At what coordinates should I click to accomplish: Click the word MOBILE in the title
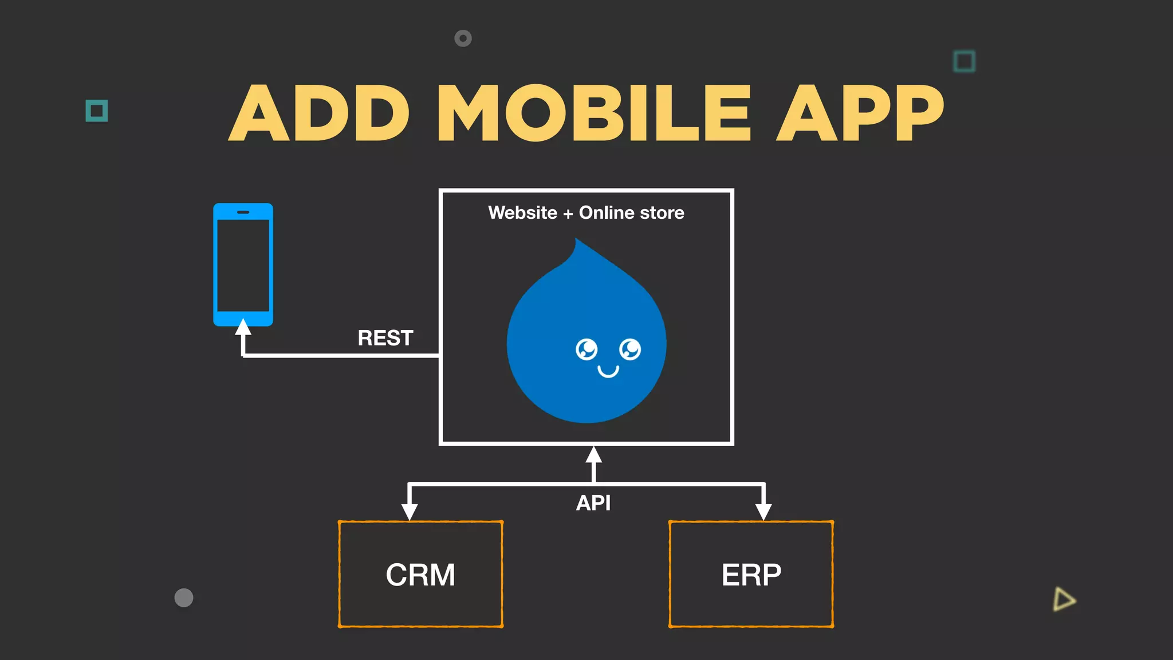pos(593,113)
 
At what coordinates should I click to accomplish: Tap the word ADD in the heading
pos(319,113)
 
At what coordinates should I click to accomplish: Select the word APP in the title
pos(860,113)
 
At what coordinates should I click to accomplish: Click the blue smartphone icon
pos(243,265)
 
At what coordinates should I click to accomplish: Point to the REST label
pos(385,338)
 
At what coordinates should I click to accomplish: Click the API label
pos(593,503)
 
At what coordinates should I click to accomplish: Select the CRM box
pos(420,574)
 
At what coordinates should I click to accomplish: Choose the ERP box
pos(751,574)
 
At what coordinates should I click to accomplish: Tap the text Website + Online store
pos(586,213)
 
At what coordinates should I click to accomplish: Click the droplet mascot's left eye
pos(586,349)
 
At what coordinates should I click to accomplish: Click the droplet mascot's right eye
pos(630,349)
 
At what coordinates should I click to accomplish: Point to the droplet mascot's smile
pos(608,372)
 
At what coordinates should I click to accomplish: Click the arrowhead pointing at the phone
pos(243,327)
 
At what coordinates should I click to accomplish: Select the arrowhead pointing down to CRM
pos(409,512)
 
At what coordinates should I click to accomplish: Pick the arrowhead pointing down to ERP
pos(763,512)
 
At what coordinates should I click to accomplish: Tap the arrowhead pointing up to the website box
pos(593,455)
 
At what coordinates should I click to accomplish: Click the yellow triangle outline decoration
pos(1064,599)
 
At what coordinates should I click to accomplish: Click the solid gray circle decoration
pos(184,598)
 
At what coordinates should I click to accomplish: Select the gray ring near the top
pos(463,38)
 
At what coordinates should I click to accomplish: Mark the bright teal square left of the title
pos(97,111)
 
